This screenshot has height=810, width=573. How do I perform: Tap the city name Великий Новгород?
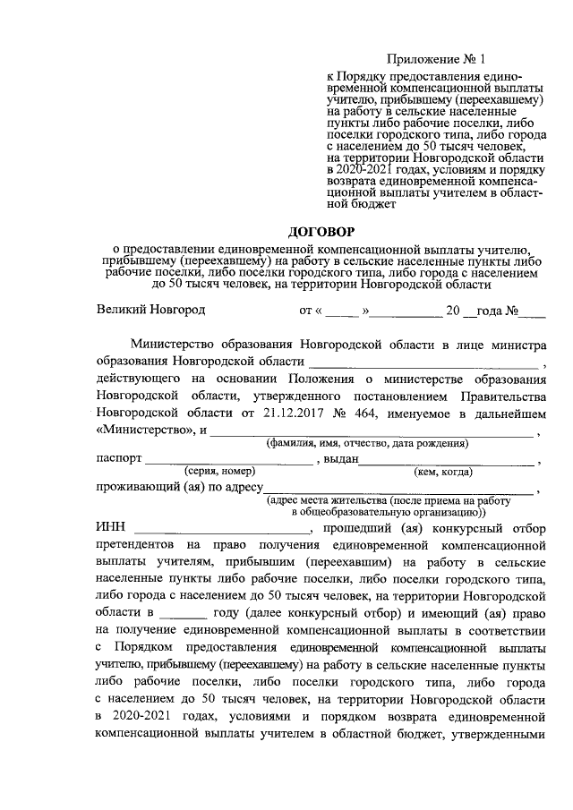pyautogui.click(x=151, y=311)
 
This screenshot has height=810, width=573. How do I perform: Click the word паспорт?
pyautogui.click(x=118, y=458)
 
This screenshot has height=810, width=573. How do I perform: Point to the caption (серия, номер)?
pyautogui.click(x=220, y=471)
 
